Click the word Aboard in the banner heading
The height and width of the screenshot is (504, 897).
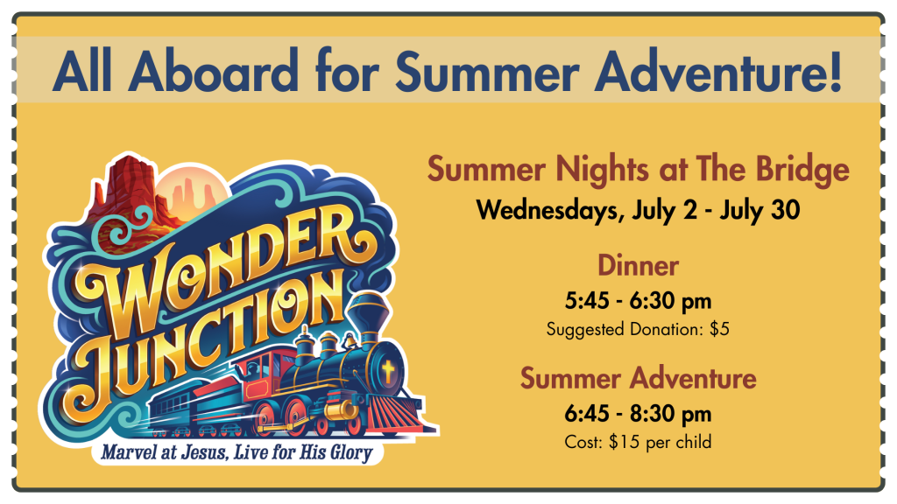(214, 71)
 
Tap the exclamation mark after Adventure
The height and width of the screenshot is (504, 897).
(835, 71)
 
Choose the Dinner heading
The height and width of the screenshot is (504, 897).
(638, 266)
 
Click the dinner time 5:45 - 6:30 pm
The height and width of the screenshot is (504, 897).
(638, 301)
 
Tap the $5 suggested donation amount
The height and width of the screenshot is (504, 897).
(719, 329)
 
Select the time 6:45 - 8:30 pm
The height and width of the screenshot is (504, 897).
(638, 414)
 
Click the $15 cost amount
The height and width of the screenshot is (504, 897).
(620, 442)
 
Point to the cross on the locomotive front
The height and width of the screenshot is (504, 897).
(388, 371)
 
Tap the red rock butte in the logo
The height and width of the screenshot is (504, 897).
(129, 189)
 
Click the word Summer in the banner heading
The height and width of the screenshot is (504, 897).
(487, 71)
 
